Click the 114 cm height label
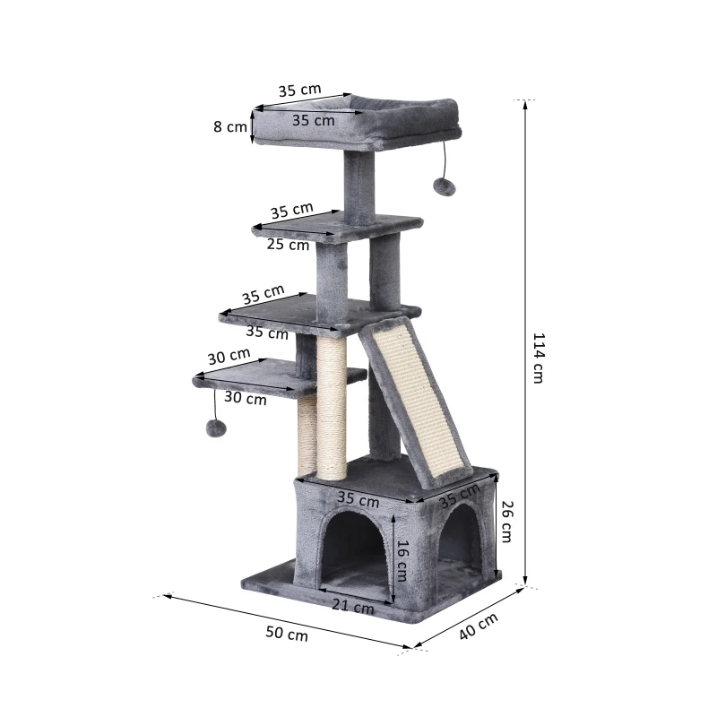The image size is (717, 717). [x=539, y=358]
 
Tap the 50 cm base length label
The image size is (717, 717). [x=287, y=633]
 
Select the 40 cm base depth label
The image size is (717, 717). [x=478, y=626]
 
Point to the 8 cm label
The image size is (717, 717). [x=229, y=126]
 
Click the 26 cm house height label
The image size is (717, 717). [x=506, y=521]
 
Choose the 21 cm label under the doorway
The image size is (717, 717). [x=352, y=607]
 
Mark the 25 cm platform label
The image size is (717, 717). [x=287, y=244]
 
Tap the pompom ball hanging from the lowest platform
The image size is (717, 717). [x=216, y=430]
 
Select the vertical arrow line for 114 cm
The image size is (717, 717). [x=524, y=341]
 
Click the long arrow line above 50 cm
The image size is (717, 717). [x=287, y=619]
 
